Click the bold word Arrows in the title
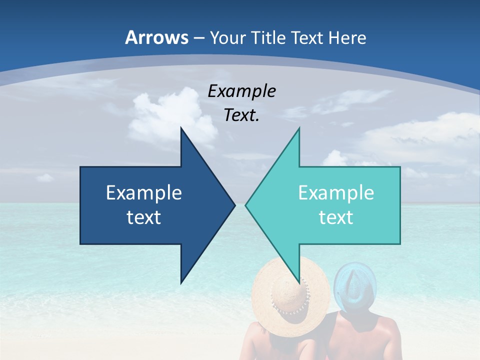tap(157, 37)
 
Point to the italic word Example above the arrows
tap(242, 91)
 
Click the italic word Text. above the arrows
tap(242, 115)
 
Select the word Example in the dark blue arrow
tap(144, 192)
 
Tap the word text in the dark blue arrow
tap(144, 217)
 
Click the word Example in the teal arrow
tap(336, 192)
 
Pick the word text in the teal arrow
tap(336, 217)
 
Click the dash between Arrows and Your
tap(199, 38)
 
